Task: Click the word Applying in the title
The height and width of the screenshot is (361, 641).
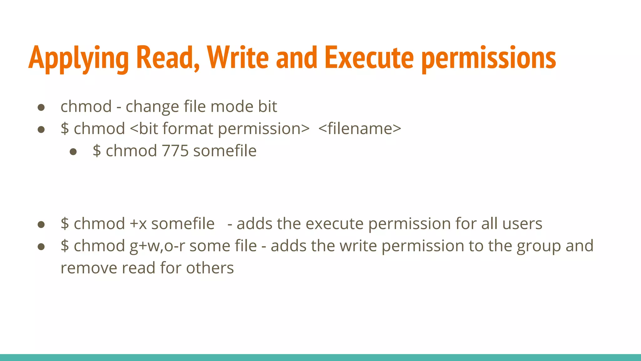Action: coord(78,58)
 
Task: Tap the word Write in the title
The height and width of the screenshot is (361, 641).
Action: coord(238,58)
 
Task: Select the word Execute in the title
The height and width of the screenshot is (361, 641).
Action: coord(369,58)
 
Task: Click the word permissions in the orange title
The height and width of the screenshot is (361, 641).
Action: coord(489,58)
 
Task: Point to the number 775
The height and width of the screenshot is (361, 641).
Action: coord(175,151)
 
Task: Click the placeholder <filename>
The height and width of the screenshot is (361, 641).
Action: coord(360,129)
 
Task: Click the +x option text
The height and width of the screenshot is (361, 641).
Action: coord(138,224)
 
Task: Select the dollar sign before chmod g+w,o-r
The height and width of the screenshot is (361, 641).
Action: coord(65,246)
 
